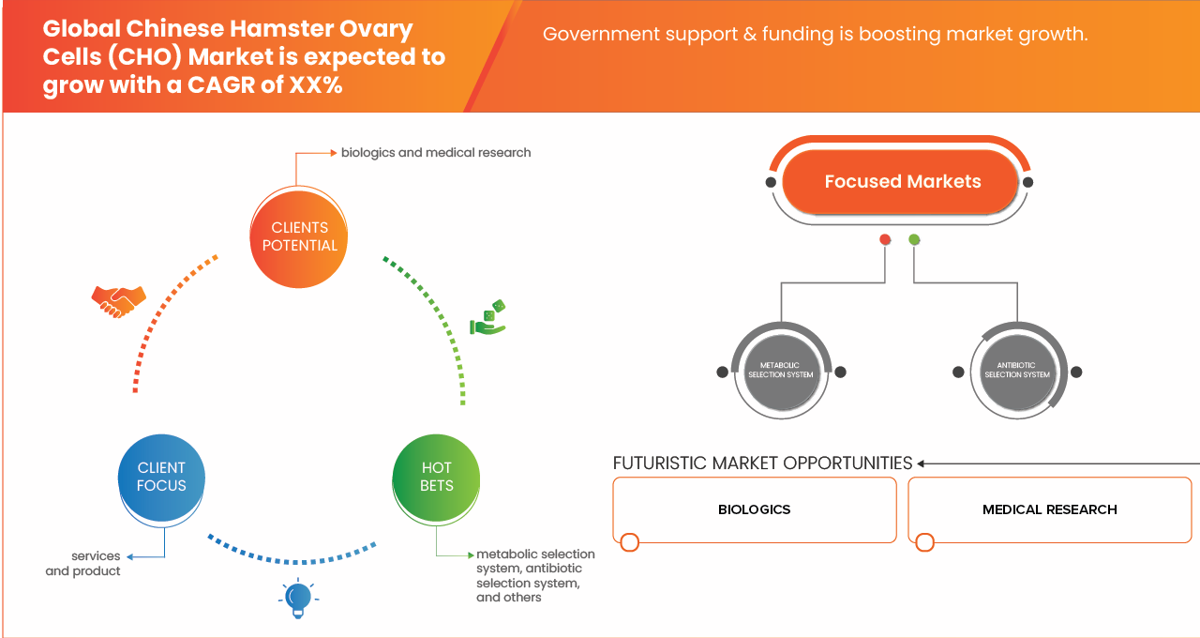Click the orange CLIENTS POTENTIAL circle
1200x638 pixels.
tap(300, 236)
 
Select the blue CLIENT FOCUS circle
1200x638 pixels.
tap(161, 477)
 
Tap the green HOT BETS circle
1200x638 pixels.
tap(437, 477)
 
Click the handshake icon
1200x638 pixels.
tap(118, 300)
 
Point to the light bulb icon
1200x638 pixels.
tap(298, 598)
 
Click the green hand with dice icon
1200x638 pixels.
tap(488, 318)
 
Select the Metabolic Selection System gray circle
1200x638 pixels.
tap(780, 372)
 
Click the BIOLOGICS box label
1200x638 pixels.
tap(754, 509)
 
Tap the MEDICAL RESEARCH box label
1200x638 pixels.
tap(1049, 509)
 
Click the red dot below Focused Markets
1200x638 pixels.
tap(885, 240)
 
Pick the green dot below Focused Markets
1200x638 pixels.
tap(914, 240)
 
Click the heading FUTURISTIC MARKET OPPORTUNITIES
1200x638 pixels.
tap(762, 463)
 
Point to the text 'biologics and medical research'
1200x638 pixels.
tap(436, 152)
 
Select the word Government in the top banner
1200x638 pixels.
tap(588, 35)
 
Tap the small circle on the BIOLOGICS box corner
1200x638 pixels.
tap(630, 542)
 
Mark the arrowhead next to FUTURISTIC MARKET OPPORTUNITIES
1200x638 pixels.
tap(922, 463)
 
